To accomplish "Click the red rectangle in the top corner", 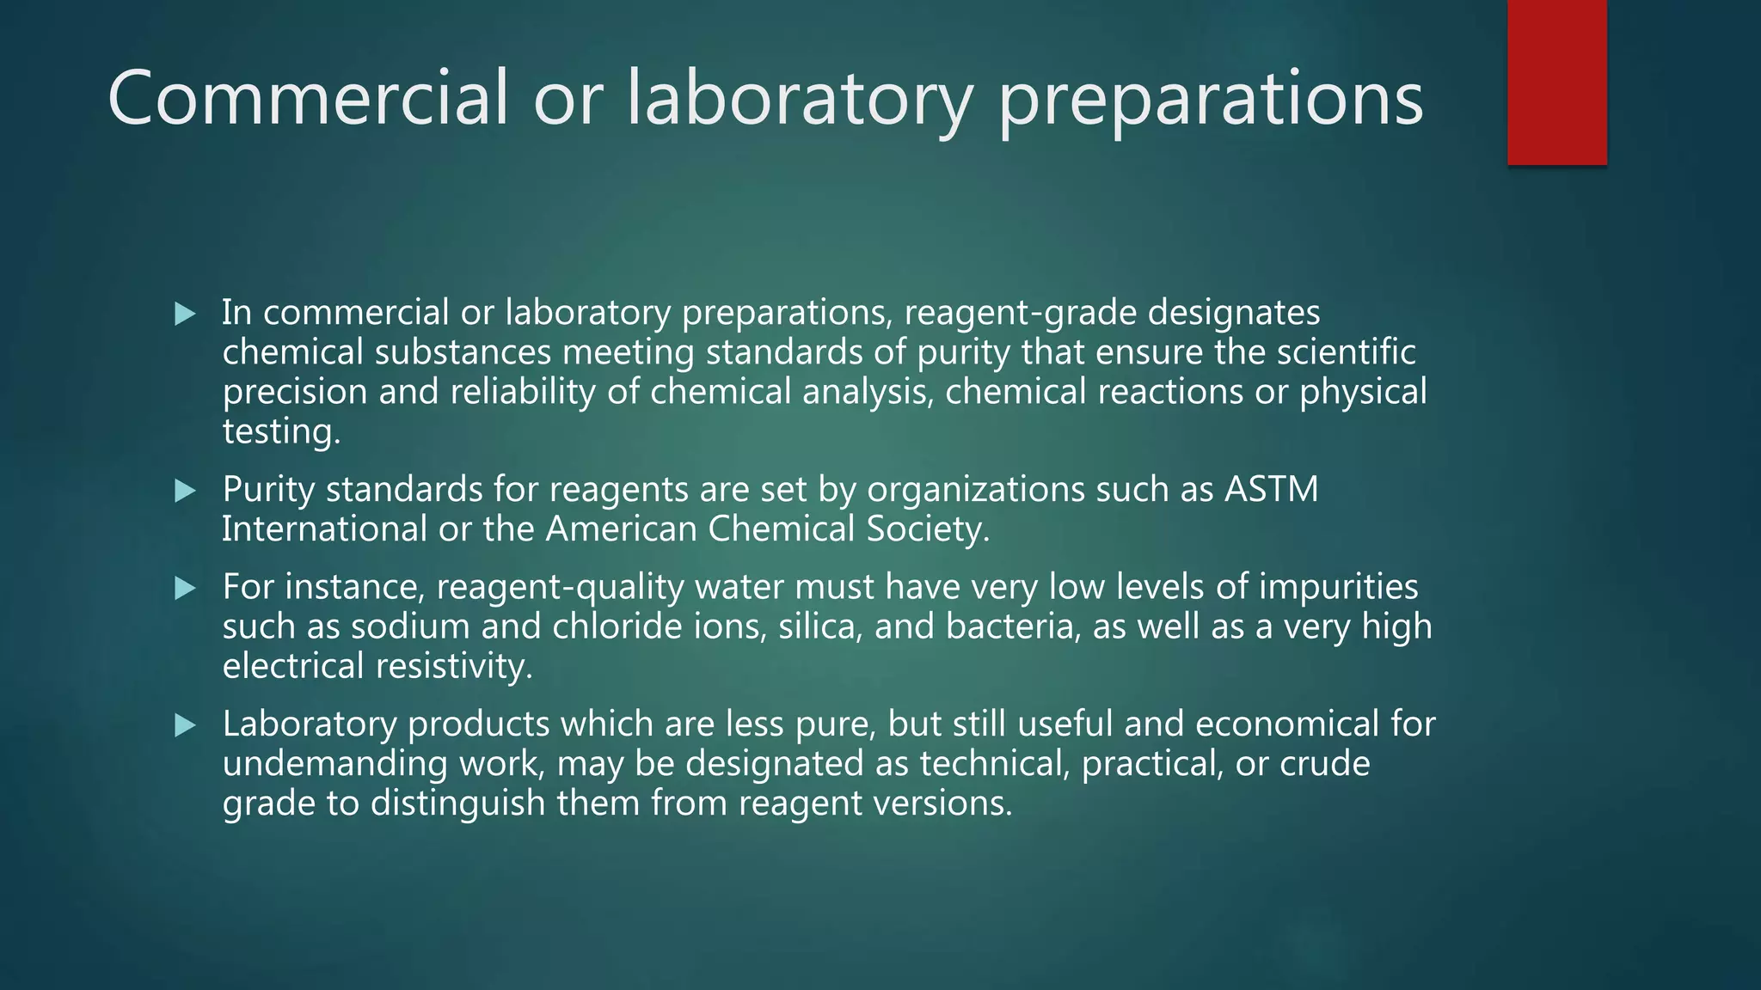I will tap(1556, 82).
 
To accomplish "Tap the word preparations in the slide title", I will tap(1210, 101).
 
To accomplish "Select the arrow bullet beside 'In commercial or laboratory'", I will tap(185, 315).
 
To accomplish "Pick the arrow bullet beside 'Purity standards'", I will tap(185, 492).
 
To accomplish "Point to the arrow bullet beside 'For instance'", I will tap(185, 589).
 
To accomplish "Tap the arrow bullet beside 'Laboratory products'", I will tap(185, 726).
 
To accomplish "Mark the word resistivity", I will tap(455, 666).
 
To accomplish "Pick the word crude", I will tap(1324, 764).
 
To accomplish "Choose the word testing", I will tap(281, 432).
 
